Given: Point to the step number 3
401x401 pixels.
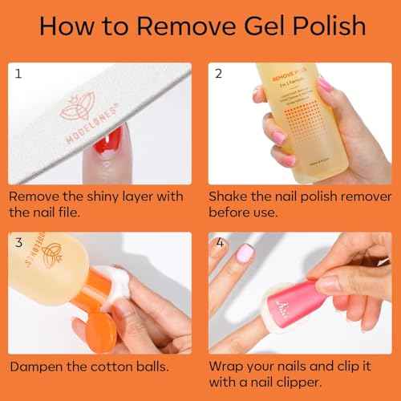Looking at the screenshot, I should tap(18, 242).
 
